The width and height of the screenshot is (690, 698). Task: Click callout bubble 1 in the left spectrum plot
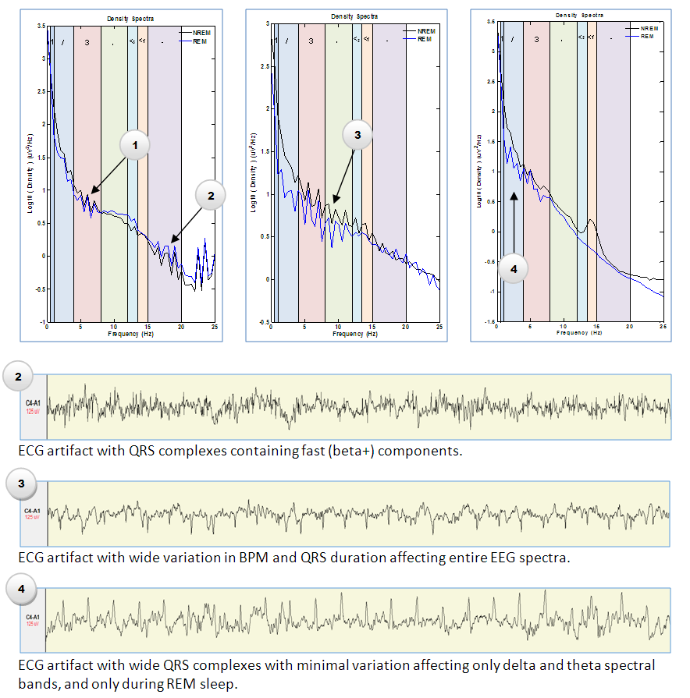[135, 145]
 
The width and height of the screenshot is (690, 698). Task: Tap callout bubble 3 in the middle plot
[357, 136]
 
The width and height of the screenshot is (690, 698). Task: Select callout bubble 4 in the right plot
[514, 269]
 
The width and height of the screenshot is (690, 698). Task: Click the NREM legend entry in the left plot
[201, 34]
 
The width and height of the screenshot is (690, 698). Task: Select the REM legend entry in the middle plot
[425, 39]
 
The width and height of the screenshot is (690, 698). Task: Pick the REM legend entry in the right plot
[647, 36]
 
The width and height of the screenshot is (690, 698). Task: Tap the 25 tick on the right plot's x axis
[663, 325]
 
